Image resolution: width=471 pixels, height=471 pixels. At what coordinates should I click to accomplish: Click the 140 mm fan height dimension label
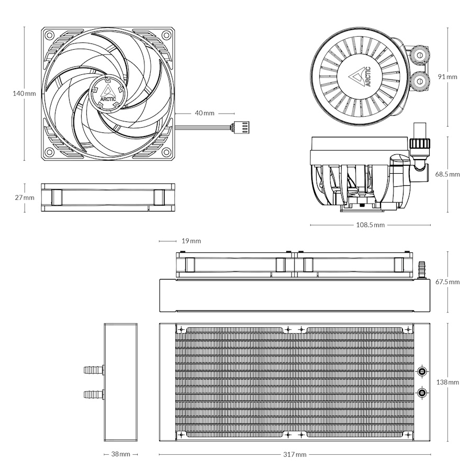(x=25, y=94)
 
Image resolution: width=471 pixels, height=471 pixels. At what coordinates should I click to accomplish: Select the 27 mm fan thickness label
(x=25, y=198)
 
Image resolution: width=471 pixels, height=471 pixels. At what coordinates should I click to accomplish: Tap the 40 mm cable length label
(x=205, y=113)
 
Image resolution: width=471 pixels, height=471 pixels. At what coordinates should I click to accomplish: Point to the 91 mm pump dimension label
(x=447, y=76)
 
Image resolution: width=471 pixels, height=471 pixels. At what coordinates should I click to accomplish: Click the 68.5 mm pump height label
(x=447, y=174)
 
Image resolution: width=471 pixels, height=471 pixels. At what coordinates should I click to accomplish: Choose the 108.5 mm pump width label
(x=371, y=226)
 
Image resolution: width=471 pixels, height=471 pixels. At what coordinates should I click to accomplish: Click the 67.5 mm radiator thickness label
(x=447, y=282)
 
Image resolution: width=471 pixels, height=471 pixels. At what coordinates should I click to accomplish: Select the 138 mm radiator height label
(x=447, y=383)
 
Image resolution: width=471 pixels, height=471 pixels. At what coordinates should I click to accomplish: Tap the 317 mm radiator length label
(x=294, y=454)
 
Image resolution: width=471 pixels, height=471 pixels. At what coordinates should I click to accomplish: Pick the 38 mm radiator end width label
(x=121, y=454)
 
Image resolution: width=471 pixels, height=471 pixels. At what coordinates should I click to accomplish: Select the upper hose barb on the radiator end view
(x=94, y=371)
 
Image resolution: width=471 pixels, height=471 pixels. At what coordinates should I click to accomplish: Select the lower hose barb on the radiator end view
(x=94, y=394)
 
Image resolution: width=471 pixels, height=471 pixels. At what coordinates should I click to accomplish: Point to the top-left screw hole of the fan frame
(x=49, y=36)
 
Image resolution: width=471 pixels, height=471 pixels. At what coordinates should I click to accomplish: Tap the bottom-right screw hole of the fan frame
(x=166, y=152)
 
